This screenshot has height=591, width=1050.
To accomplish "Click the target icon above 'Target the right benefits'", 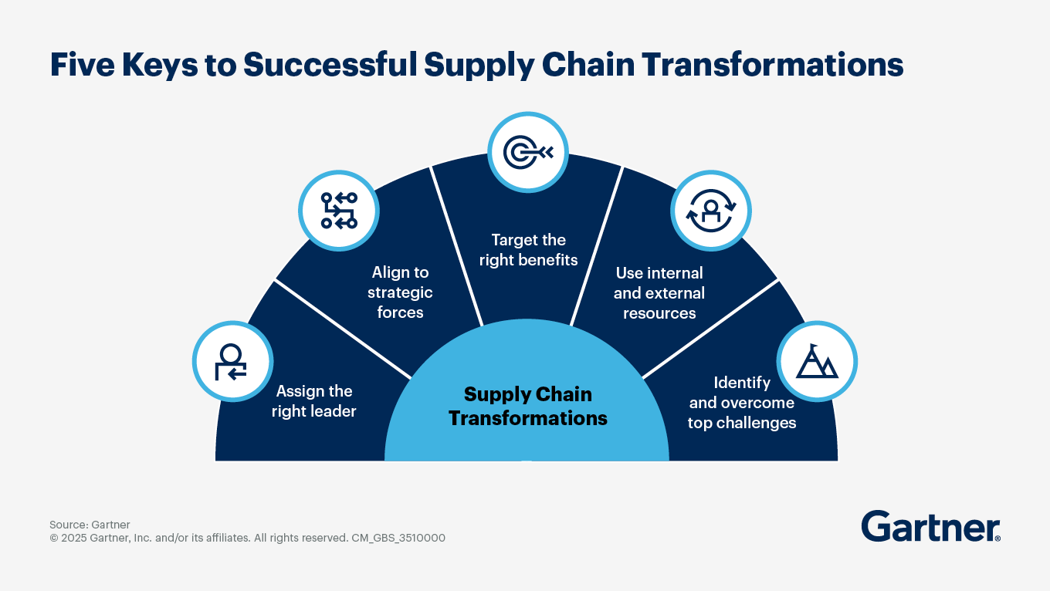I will [528, 152].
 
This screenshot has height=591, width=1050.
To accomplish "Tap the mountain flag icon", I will [817, 361].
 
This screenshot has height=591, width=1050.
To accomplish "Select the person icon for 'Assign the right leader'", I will [232, 361].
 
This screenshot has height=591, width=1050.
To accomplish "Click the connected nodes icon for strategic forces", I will [338, 210].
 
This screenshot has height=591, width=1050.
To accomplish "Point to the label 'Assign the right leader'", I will [313, 401].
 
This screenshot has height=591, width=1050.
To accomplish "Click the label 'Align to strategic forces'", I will [400, 292].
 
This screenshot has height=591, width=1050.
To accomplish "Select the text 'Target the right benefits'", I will [528, 250].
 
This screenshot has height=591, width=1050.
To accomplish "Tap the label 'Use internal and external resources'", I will [659, 293].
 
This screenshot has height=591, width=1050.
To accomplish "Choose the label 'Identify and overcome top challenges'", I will [741, 403].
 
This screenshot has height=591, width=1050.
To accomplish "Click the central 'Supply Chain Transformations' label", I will [528, 407].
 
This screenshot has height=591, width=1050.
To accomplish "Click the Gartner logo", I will [930, 526].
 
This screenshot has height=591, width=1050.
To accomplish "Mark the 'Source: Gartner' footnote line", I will [90, 525].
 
